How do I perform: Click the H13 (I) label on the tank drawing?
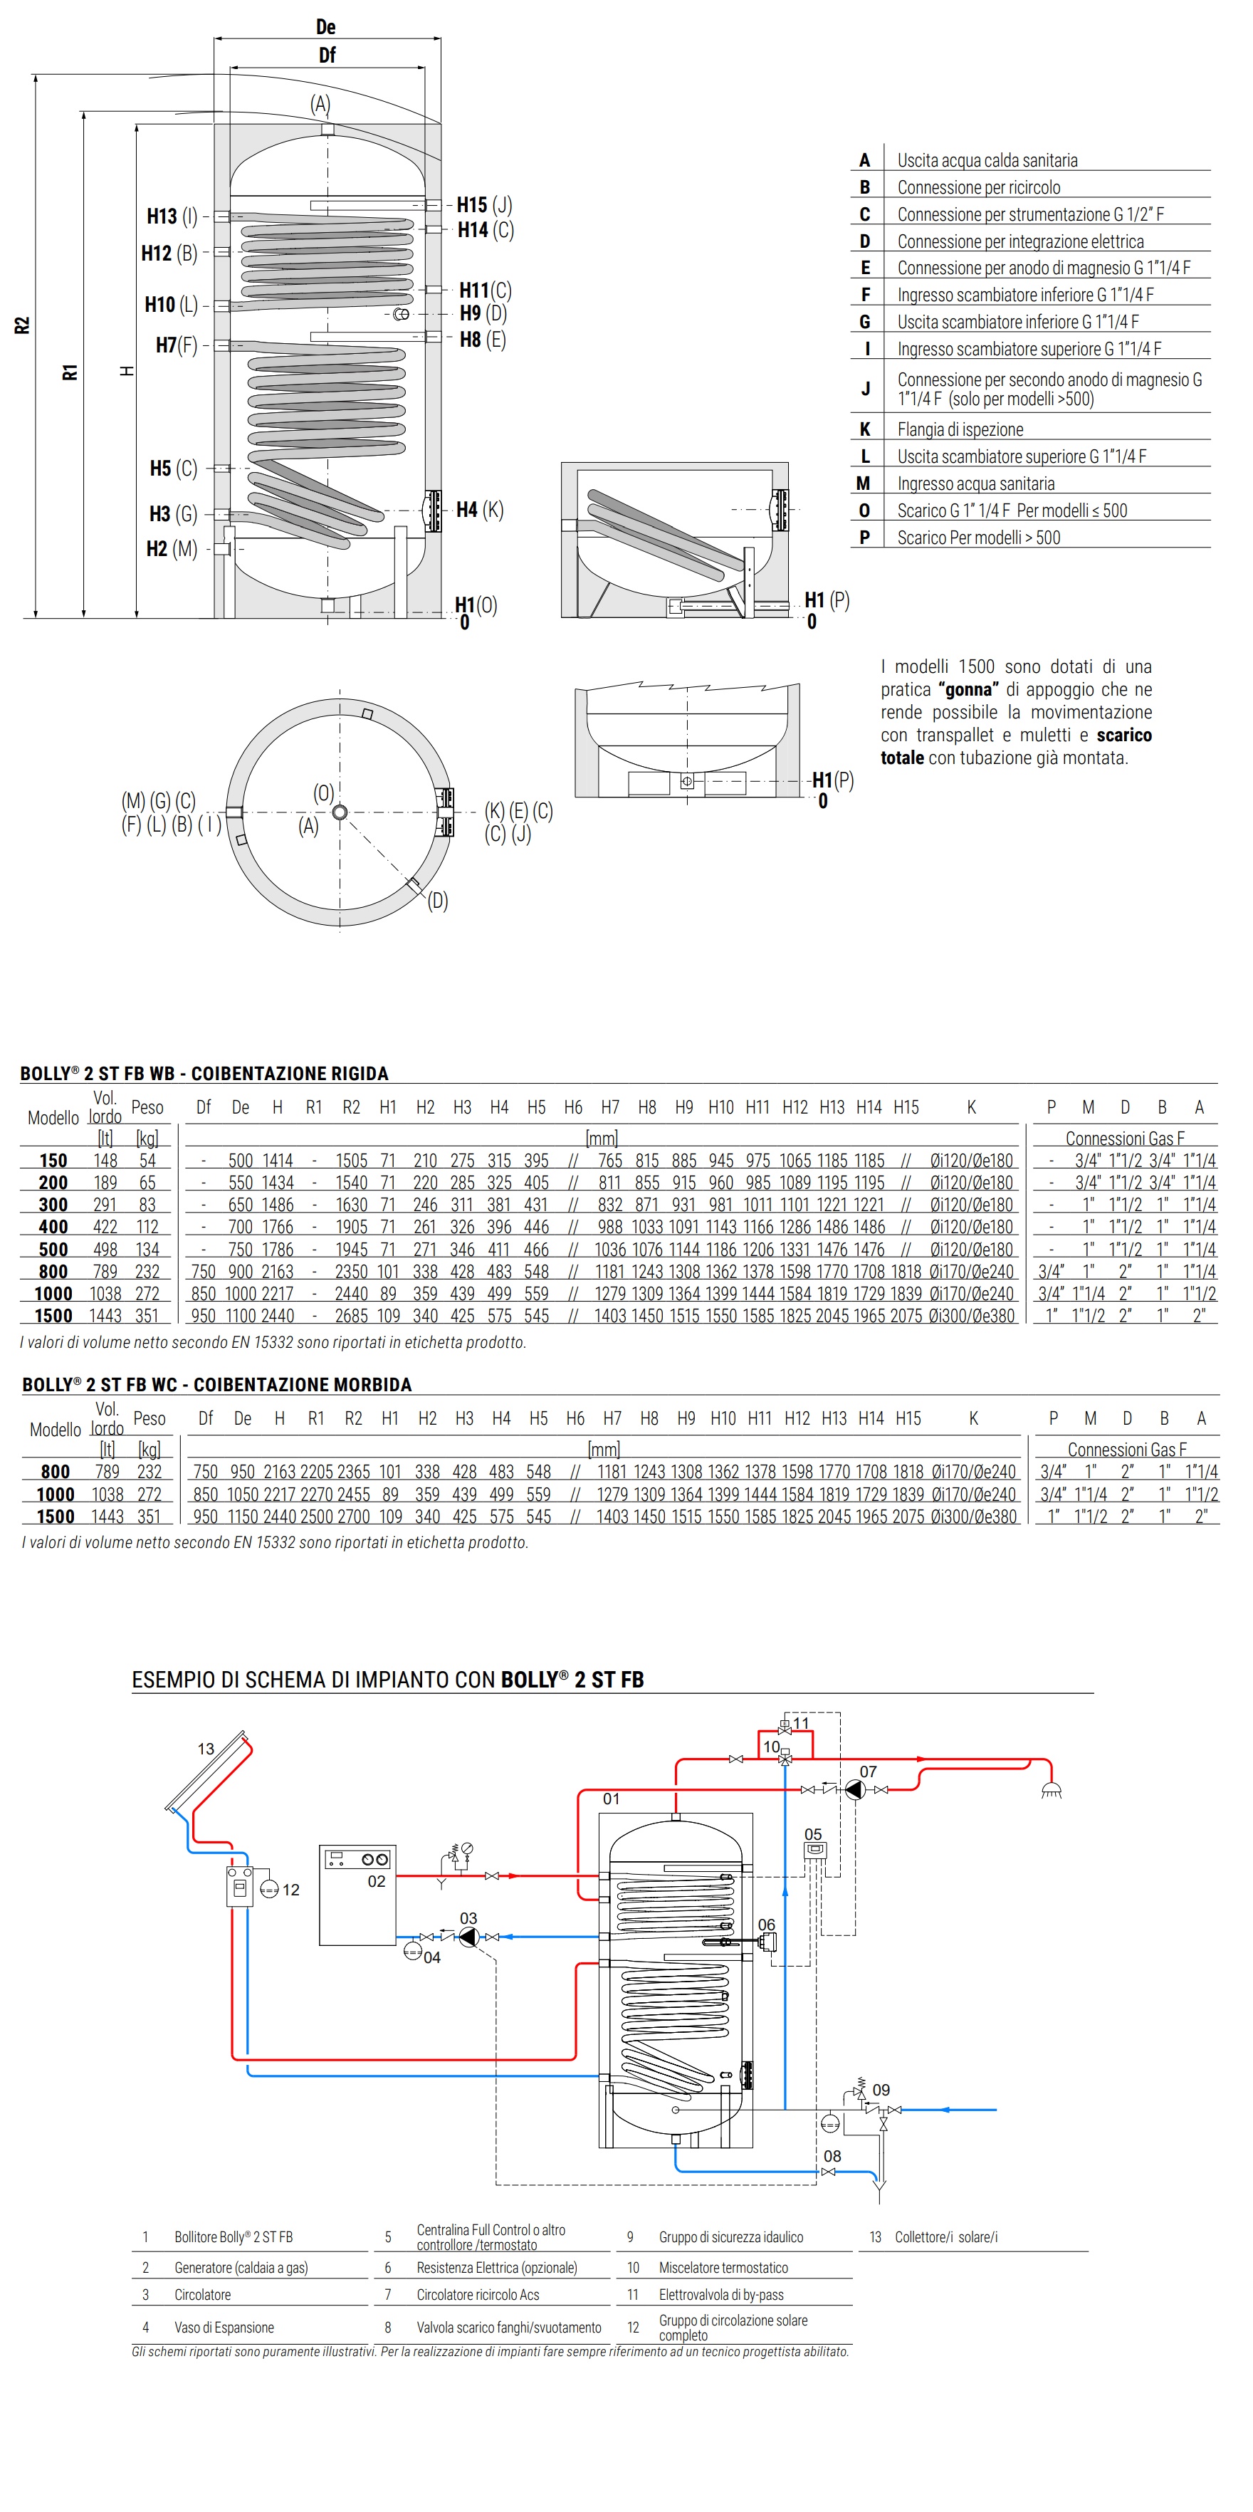tap(172, 216)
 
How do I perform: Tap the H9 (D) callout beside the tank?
tap(483, 313)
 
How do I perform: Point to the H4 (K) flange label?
tap(480, 509)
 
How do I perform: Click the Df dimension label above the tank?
tap(327, 56)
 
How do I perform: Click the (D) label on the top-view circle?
tap(438, 900)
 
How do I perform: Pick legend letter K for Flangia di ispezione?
tap(865, 429)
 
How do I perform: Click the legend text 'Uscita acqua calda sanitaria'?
tap(987, 160)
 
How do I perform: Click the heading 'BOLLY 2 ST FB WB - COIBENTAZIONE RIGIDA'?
tap(204, 1073)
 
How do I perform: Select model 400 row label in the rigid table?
tap(53, 1227)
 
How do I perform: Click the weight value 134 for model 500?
tap(147, 1249)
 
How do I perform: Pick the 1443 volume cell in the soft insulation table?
tap(108, 1517)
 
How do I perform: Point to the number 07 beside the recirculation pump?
tap(868, 1772)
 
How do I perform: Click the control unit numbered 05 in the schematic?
tap(815, 1850)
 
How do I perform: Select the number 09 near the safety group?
tap(881, 2090)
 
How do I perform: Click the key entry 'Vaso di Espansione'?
tap(224, 2327)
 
